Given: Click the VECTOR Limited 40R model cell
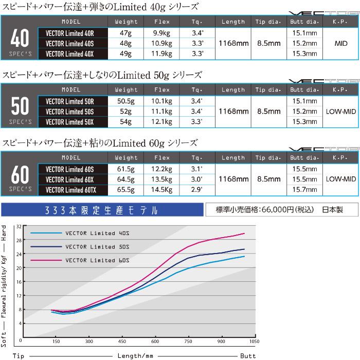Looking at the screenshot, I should click(x=73, y=32).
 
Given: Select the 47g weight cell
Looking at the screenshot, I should click(x=126, y=32).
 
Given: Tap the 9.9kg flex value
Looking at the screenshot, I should click(x=161, y=32).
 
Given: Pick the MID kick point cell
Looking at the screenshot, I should click(x=341, y=43).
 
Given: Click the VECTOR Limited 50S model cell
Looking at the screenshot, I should click(x=73, y=111).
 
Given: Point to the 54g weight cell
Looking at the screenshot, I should click(x=126, y=122).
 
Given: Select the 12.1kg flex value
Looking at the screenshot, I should click(x=161, y=122).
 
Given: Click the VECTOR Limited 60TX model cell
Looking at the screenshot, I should click(x=73, y=190).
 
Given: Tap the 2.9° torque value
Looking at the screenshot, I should click(x=197, y=190).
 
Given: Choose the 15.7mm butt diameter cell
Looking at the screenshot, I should click(x=304, y=190).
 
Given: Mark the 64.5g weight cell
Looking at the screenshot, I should click(x=126, y=179).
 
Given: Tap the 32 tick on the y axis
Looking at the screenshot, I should click(x=18, y=226).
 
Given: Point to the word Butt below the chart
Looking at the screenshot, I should click(x=247, y=355).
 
